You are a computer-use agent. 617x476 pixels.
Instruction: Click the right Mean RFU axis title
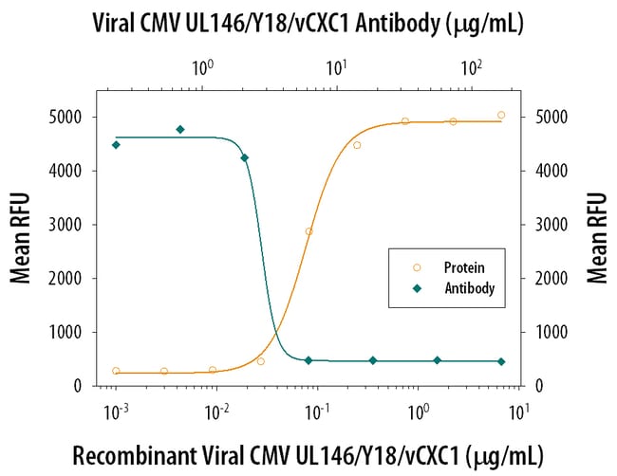(x=597, y=238)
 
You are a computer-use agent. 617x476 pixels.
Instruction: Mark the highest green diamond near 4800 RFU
(x=180, y=129)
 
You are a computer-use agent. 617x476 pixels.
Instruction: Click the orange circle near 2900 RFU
(x=308, y=231)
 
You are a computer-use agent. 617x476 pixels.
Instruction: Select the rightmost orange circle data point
(x=501, y=115)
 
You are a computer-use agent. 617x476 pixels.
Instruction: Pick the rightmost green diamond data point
(x=501, y=361)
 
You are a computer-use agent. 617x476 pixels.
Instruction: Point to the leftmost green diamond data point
(x=116, y=145)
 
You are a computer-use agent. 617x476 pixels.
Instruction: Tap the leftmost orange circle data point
(x=116, y=371)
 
